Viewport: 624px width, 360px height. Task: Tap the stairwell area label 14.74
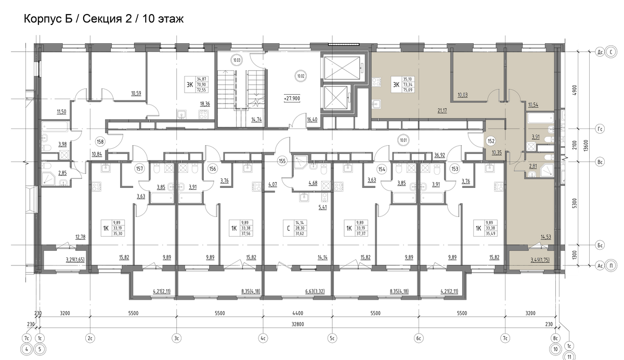[x=256, y=119]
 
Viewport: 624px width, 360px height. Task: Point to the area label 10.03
[x=461, y=95]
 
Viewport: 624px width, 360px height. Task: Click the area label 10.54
[x=532, y=105]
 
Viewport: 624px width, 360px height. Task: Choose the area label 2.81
[x=532, y=166]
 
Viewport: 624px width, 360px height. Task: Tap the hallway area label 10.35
[x=496, y=152]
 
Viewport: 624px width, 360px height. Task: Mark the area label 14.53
[x=545, y=237]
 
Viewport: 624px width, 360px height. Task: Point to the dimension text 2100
[x=575, y=146]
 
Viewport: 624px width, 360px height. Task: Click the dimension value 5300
[x=575, y=202]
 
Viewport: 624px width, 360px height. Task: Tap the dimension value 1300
[x=575, y=255]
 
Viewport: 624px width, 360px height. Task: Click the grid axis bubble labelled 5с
[x=332, y=339]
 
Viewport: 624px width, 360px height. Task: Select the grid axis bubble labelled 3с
[x=177, y=339]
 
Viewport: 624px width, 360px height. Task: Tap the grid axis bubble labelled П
[x=612, y=265]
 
